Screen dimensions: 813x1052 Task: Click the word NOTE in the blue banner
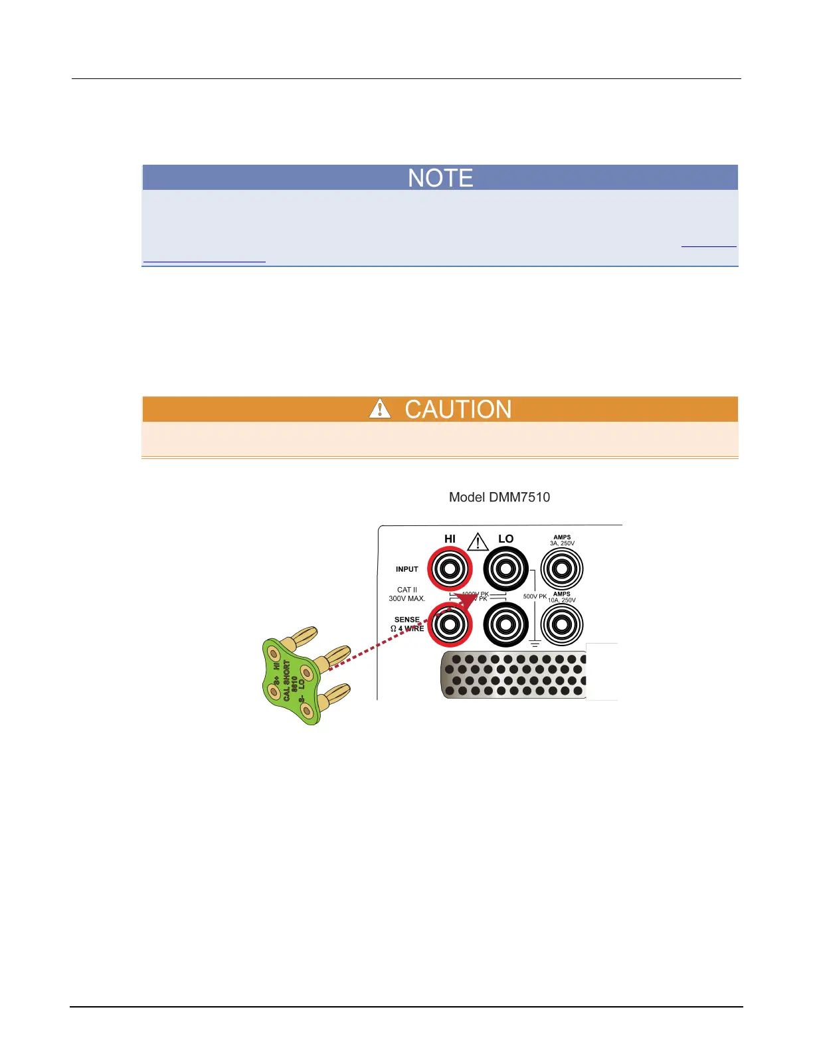(x=440, y=178)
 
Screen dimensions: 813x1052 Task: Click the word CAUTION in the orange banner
(x=458, y=409)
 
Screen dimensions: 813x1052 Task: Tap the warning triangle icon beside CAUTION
(x=380, y=408)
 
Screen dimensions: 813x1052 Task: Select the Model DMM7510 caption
(x=499, y=497)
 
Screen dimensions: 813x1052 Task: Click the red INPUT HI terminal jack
(x=450, y=569)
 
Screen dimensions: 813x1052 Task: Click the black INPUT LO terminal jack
(x=506, y=569)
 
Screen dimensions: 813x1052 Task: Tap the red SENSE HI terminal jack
(x=450, y=624)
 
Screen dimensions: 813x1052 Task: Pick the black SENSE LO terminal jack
(x=506, y=624)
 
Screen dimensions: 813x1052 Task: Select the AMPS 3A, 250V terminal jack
(x=562, y=569)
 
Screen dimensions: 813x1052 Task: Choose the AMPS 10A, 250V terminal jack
(x=562, y=624)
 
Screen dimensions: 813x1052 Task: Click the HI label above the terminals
(x=450, y=539)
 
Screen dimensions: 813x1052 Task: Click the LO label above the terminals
(x=506, y=539)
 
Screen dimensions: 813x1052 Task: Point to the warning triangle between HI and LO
(x=478, y=542)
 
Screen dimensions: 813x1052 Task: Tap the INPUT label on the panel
(x=407, y=569)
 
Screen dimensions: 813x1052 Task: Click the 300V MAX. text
(x=406, y=598)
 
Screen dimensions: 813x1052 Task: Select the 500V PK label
(x=535, y=596)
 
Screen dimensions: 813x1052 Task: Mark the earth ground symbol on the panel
(x=535, y=643)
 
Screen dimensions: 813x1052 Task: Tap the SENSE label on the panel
(x=407, y=620)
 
